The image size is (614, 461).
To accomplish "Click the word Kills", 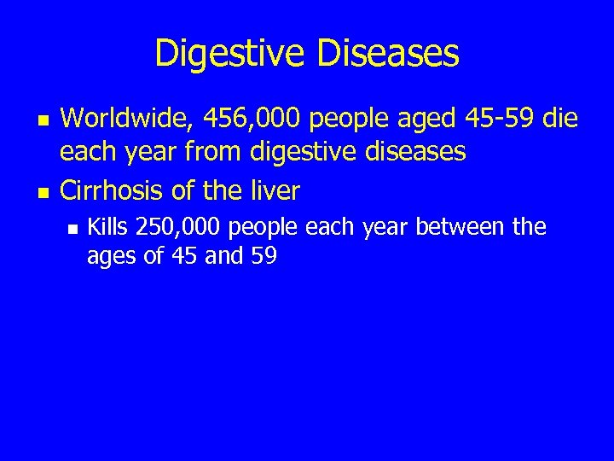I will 108,227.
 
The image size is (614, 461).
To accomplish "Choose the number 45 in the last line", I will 180,256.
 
